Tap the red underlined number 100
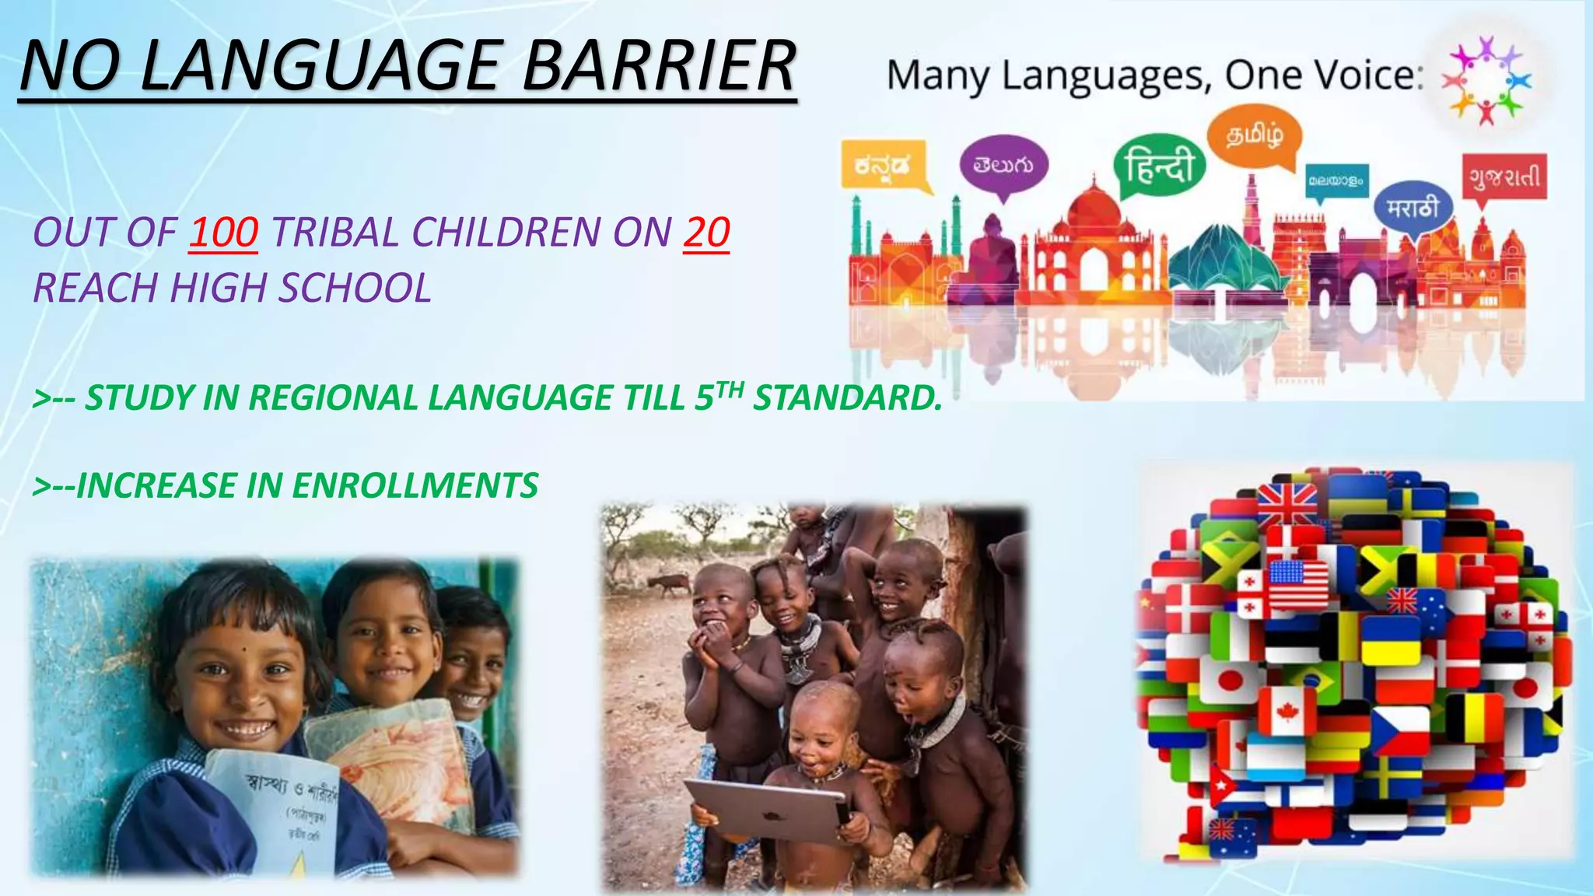click(x=223, y=233)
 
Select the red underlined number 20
click(x=706, y=233)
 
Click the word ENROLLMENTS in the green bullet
click(x=415, y=486)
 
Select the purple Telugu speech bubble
click(x=1003, y=166)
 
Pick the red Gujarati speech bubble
click(x=1504, y=178)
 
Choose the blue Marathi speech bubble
click(x=1412, y=208)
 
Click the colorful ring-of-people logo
click(x=1486, y=80)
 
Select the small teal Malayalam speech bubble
click(x=1336, y=181)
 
